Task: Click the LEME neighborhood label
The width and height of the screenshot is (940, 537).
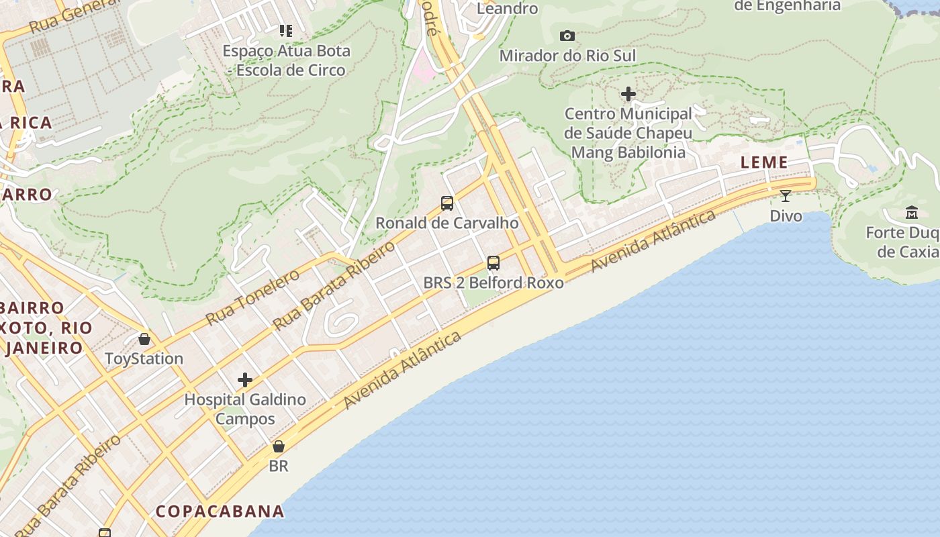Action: point(764,162)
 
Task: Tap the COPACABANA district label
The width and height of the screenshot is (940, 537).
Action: point(220,511)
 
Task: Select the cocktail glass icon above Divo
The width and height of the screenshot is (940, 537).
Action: point(786,196)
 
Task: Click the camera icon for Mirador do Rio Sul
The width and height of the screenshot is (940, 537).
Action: point(567,36)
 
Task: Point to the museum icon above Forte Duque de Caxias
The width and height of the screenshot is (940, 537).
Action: point(912,213)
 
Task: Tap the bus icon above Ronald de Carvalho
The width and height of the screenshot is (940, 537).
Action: point(447,203)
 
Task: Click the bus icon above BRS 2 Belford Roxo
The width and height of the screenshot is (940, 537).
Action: point(493,262)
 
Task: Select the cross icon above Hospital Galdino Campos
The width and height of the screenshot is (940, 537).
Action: point(245,381)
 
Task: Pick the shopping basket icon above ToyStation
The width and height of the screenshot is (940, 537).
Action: point(144,339)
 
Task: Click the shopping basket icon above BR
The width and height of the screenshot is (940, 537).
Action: point(279,446)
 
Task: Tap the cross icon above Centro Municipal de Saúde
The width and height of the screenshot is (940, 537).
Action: point(628,95)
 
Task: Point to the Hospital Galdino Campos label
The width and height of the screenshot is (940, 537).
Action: point(245,409)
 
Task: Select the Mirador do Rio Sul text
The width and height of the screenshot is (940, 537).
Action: point(567,56)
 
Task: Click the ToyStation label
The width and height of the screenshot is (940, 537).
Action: point(144,358)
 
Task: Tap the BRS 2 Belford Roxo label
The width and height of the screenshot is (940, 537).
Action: point(493,283)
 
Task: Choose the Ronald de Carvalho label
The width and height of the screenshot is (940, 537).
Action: point(447,223)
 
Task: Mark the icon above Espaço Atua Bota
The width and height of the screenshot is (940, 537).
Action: point(286,30)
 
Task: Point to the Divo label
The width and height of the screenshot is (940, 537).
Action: point(786,216)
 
